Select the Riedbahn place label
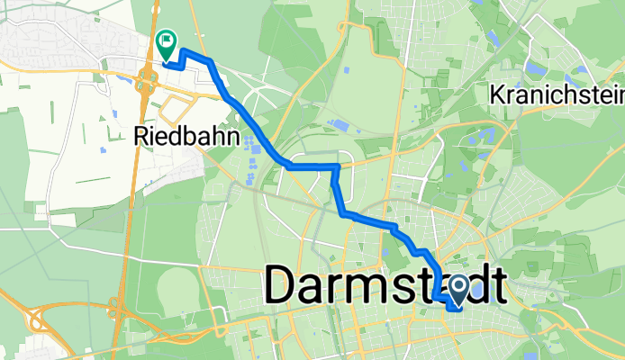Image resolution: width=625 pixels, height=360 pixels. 186,137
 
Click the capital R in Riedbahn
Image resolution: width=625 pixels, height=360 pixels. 140,137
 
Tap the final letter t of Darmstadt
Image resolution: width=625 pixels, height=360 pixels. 494,286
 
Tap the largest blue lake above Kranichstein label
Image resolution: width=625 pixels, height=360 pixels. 536,68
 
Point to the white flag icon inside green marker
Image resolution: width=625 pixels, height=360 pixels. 167,40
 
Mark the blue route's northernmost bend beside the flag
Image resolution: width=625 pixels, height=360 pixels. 183,50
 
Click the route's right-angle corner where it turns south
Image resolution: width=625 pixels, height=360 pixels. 336,166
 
